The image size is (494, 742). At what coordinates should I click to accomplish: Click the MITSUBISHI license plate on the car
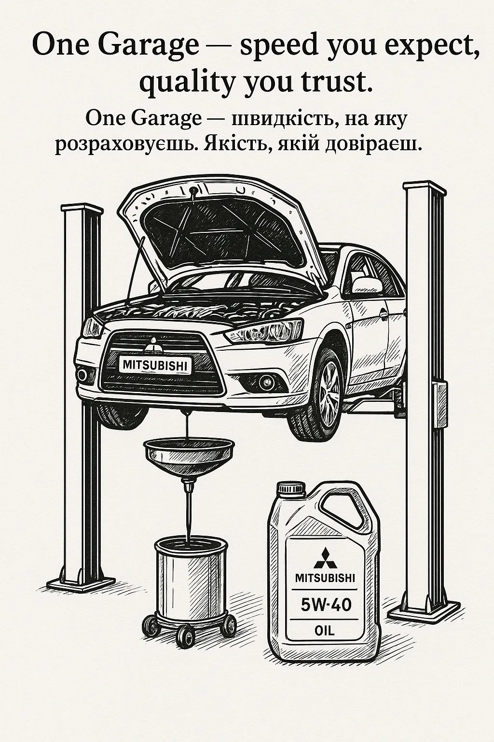(155, 365)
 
